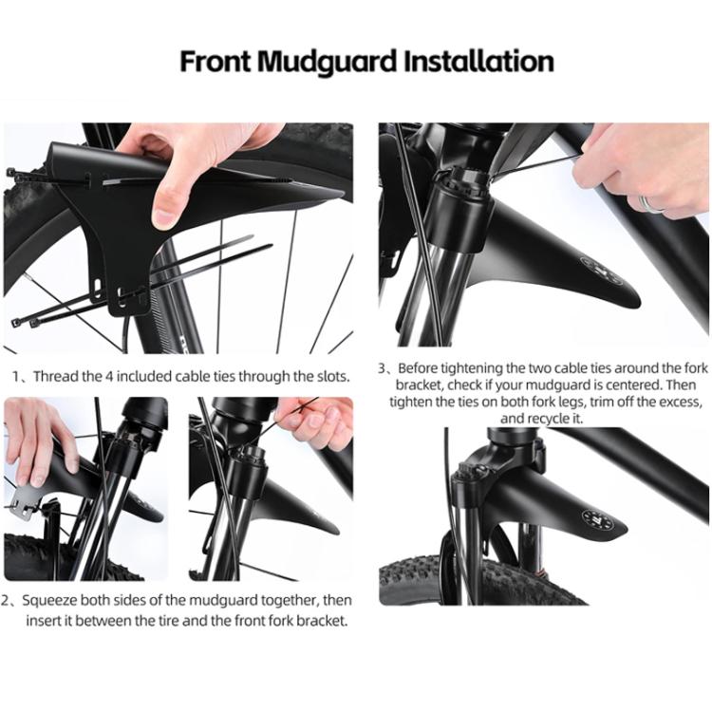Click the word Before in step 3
click(x=419, y=367)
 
